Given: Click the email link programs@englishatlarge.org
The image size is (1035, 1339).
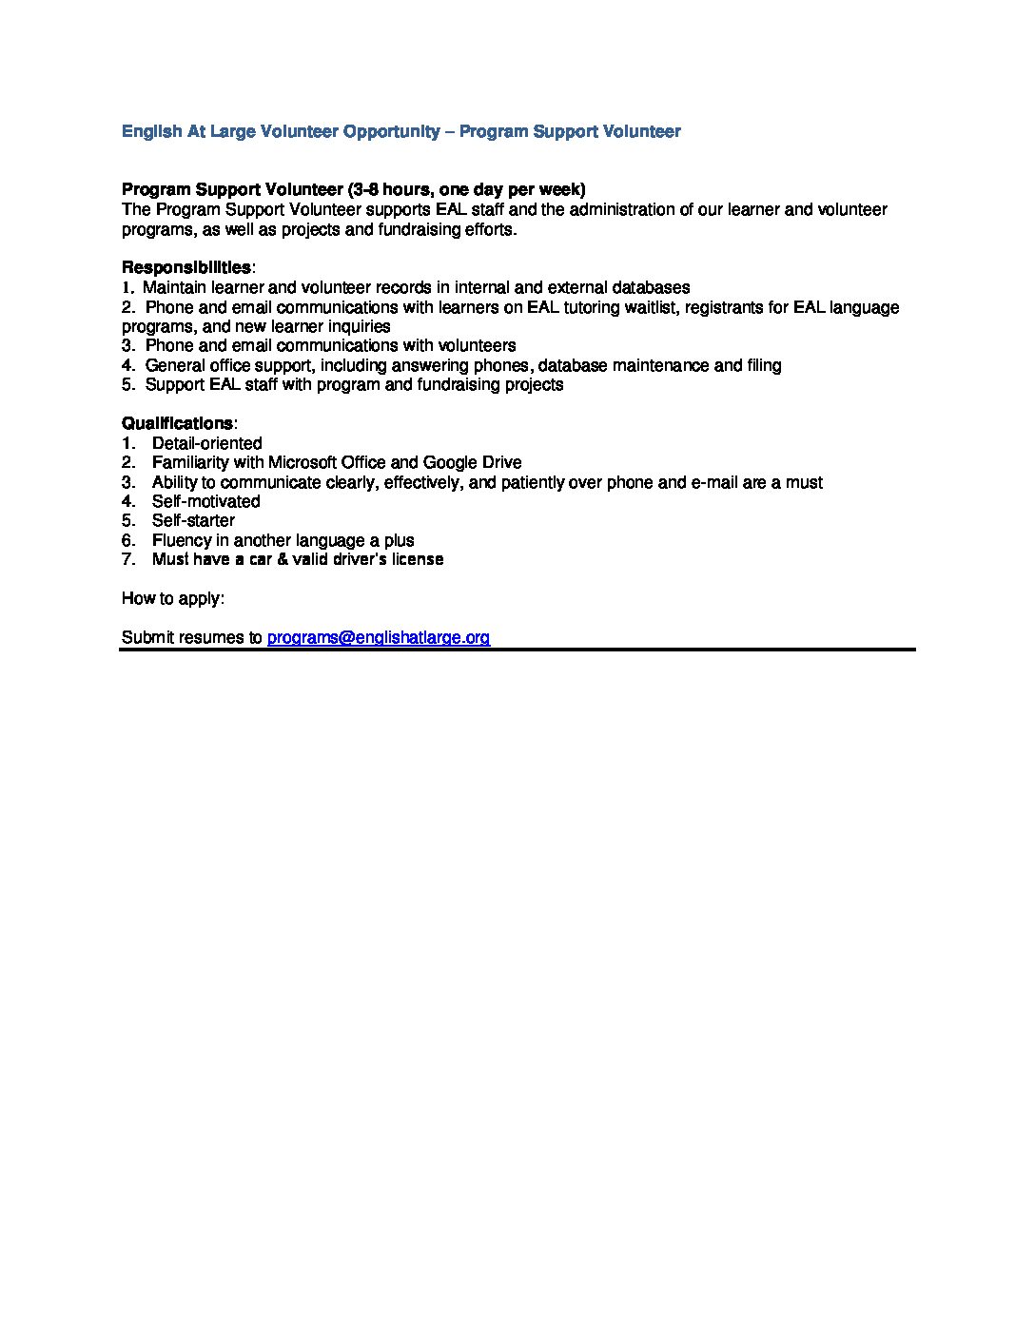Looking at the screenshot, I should point(379,637).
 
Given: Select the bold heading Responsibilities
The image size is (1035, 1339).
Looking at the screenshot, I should point(186,267).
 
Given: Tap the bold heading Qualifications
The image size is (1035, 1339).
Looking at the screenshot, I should point(177,423).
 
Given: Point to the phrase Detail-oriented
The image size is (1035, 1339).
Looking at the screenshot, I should point(206,443).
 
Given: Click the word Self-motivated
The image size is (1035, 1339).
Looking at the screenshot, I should point(205,501).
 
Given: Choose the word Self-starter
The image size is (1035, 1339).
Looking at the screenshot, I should point(193,520).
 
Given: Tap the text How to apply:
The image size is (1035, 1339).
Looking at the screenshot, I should point(173,598).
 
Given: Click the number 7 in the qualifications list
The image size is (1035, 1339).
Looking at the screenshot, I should point(127,559).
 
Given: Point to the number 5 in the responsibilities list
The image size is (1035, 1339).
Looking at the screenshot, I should point(127,384).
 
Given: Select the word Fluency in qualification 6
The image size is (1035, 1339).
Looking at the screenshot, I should point(182,540).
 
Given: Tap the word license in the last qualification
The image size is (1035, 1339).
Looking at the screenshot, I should point(415,559).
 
